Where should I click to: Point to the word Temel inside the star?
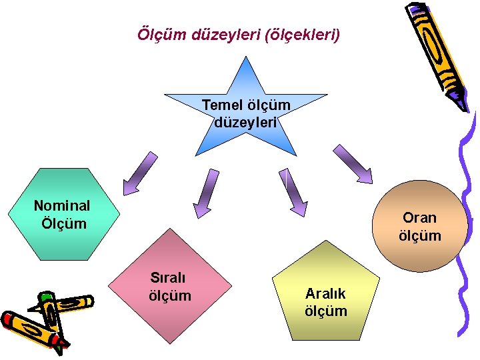point(223,105)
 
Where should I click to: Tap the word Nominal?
point(62,205)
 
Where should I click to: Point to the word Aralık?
point(325,293)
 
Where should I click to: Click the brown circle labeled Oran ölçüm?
point(419,227)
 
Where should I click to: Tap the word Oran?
point(419,217)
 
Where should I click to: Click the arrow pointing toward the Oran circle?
point(353,164)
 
